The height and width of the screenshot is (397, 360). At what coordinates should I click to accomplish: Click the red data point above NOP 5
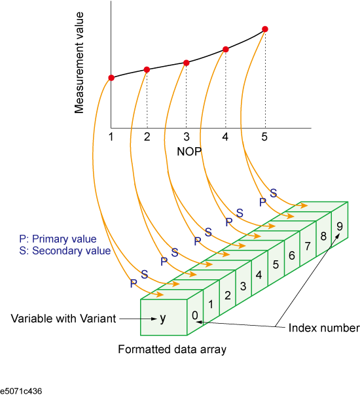[265, 29]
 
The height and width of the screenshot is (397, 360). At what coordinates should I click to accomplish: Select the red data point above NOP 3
[186, 63]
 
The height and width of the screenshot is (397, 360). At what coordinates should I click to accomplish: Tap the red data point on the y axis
[111, 78]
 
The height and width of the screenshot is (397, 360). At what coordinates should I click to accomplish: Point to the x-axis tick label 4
[225, 137]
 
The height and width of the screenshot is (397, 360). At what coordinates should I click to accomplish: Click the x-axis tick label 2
[147, 137]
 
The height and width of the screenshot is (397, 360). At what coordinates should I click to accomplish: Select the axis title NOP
[189, 152]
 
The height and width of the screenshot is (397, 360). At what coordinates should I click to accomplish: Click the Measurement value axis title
[79, 63]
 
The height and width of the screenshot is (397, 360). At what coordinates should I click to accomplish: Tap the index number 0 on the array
[195, 315]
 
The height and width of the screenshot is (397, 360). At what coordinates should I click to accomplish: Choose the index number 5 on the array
[276, 265]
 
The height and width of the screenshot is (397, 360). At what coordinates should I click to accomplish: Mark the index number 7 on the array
[308, 246]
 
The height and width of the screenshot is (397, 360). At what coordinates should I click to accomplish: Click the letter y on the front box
[162, 319]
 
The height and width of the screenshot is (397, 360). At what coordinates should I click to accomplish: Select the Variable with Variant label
[63, 319]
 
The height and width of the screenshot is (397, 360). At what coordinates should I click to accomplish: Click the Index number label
[324, 328]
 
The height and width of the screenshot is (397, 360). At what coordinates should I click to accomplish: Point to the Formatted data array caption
[172, 349]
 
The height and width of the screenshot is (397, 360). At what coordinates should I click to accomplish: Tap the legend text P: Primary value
[58, 239]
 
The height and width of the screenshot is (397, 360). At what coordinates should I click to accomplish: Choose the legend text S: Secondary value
[65, 250]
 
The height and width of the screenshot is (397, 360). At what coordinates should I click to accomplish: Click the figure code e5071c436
[21, 391]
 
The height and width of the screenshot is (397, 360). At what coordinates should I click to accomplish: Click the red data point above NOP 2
[147, 69]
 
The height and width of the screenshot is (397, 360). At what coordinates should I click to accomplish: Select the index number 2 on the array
[228, 296]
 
